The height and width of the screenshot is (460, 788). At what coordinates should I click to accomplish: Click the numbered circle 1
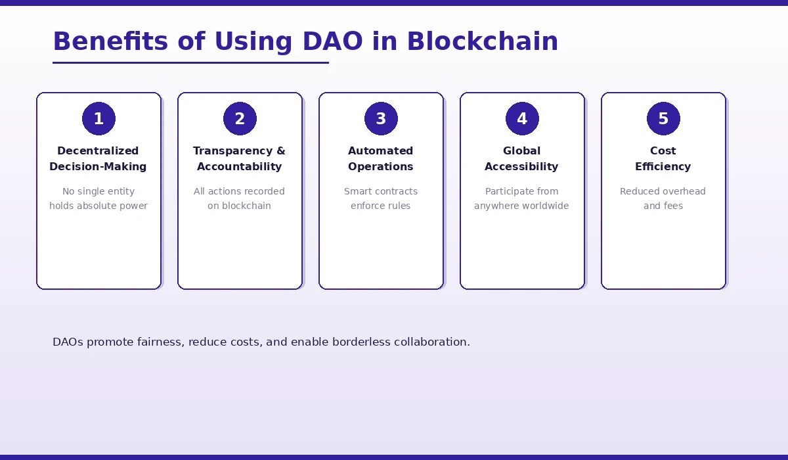pyautogui.click(x=98, y=119)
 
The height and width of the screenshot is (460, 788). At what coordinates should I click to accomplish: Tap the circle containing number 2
pyautogui.click(x=240, y=119)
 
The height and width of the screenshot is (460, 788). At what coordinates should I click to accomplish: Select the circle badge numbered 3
pyautogui.click(x=381, y=119)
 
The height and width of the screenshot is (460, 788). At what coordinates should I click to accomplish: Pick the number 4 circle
pyautogui.click(x=522, y=119)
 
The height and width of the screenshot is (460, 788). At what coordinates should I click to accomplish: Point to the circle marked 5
pyautogui.click(x=663, y=119)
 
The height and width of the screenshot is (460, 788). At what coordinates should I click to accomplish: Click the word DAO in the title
pyautogui.click(x=332, y=41)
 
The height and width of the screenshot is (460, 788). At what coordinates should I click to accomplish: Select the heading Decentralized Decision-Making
pyautogui.click(x=98, y=158)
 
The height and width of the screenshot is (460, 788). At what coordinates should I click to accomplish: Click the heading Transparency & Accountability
pyautogui.click(x=240, y=158)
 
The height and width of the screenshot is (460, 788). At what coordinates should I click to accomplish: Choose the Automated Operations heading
pyautogui.click(x=381, y=158)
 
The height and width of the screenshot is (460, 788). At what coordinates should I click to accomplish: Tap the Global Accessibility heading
pyautogui.click(x=522, y=158)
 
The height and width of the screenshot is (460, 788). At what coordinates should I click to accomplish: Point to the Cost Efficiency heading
pyautogui.click(x=663, y=158)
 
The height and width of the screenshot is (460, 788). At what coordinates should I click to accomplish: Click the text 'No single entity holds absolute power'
pyautogui.click(x=98, y=198)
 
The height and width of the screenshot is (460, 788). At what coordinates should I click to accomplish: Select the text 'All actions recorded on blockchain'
pyautogui.click(x=240, y=198)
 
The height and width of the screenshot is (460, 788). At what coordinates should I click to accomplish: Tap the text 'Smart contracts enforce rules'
pyautogui.click(x=381, y=198)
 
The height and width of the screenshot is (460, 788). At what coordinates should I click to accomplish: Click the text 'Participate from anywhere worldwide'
pyautogui.click(x=522, y=198)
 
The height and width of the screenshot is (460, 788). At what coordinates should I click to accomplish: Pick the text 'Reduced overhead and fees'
pyautogui.click(x=663, y=198)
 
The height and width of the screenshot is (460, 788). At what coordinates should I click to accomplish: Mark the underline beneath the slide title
pyautogui.click(x=190, y=63)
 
